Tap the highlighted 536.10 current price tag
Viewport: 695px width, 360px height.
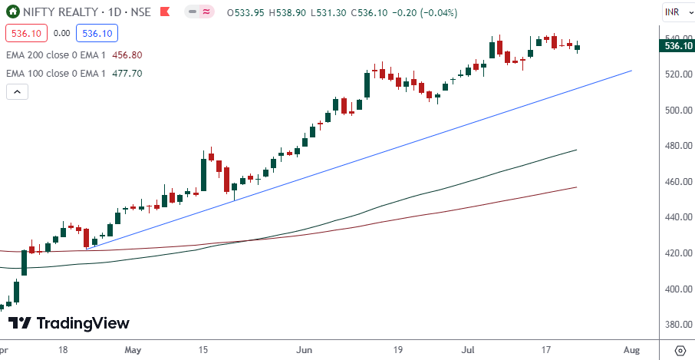coord(678,46)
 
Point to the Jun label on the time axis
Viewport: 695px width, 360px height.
coord(305,350)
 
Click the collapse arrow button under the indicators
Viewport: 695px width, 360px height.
coord(17,92)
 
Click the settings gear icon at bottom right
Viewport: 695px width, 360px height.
coord(680,350)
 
